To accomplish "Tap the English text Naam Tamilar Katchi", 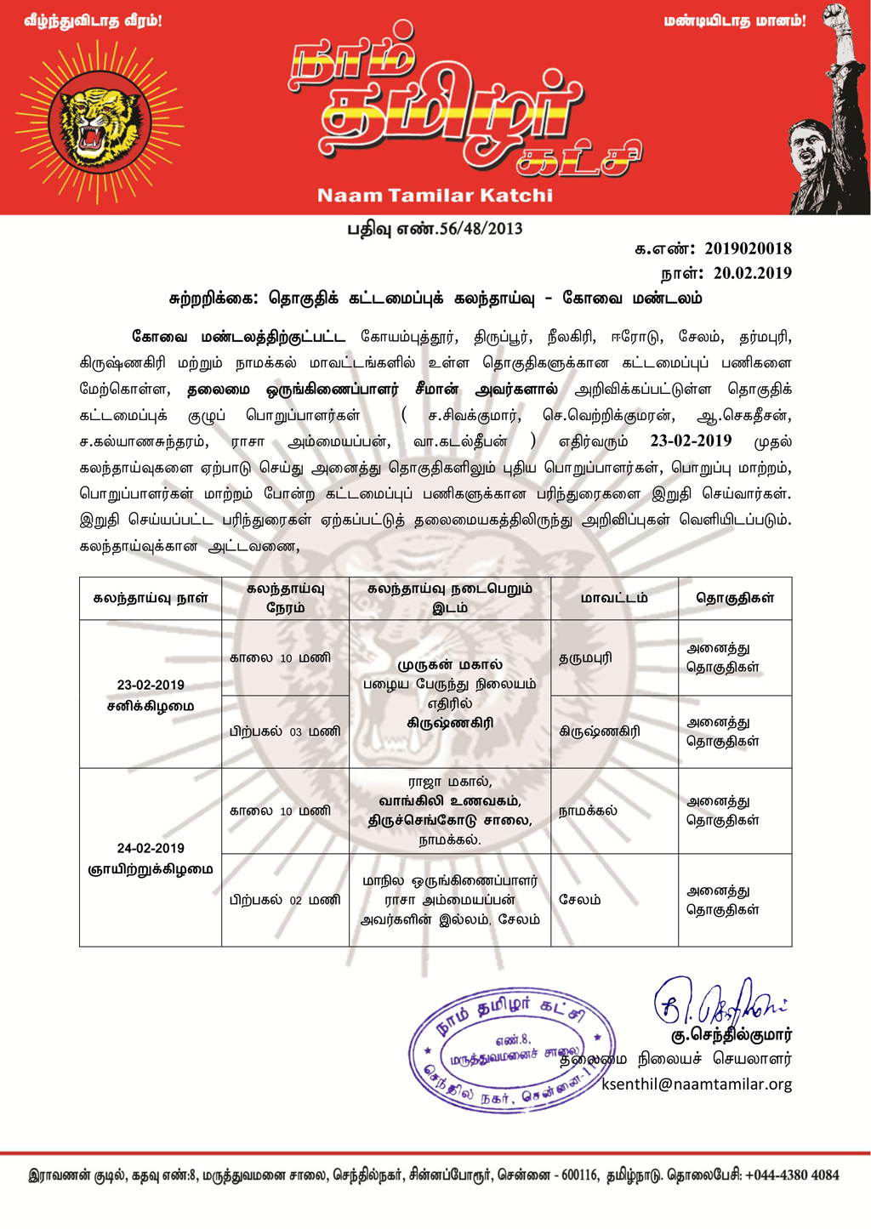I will tap(435, 196).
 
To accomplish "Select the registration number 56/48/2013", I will tap(480, 229).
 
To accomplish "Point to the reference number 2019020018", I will tap(748, 248).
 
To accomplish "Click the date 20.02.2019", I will tap(752, 273).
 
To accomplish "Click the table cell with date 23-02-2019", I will tap(151, 694).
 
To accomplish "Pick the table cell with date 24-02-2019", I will tap(151, 857).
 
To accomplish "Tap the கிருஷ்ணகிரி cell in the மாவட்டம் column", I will tap(600, 731).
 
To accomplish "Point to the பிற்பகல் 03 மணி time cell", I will tap(285, 731).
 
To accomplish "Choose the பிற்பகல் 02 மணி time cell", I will tap(285, 900).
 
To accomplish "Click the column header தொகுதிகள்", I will tap(735, 598).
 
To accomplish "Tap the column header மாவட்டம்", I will tap(614, 598).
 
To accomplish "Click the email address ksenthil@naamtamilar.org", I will tap(697, 1084).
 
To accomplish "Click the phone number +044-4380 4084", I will tap(792, 1175).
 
